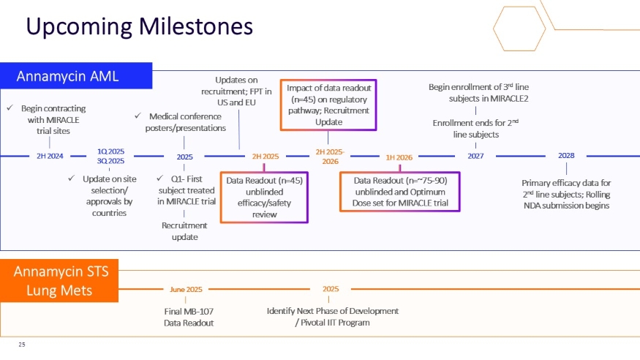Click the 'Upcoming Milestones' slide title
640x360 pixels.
coord(139,27)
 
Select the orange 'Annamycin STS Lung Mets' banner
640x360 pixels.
coord(61,282)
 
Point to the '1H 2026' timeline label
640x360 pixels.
coord(399,157)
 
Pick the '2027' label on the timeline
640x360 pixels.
coord(475,156)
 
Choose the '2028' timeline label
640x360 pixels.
coord(565,156)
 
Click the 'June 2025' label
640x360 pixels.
coord(186,289)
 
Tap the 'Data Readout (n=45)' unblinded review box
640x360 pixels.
coord(264,197)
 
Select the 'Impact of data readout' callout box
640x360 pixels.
coord(328,105)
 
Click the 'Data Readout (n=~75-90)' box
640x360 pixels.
coord(400,192)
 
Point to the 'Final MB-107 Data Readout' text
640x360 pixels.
coord(188,316)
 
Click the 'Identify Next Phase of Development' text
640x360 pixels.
coord(333,316)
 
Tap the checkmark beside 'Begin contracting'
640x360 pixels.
coord(10,108)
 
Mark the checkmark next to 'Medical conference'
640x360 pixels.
coord(139,116)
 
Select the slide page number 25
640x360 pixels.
coord(22,343)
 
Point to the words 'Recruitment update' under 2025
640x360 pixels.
coord(184,230)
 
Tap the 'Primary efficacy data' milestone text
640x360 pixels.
coord(565,194)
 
